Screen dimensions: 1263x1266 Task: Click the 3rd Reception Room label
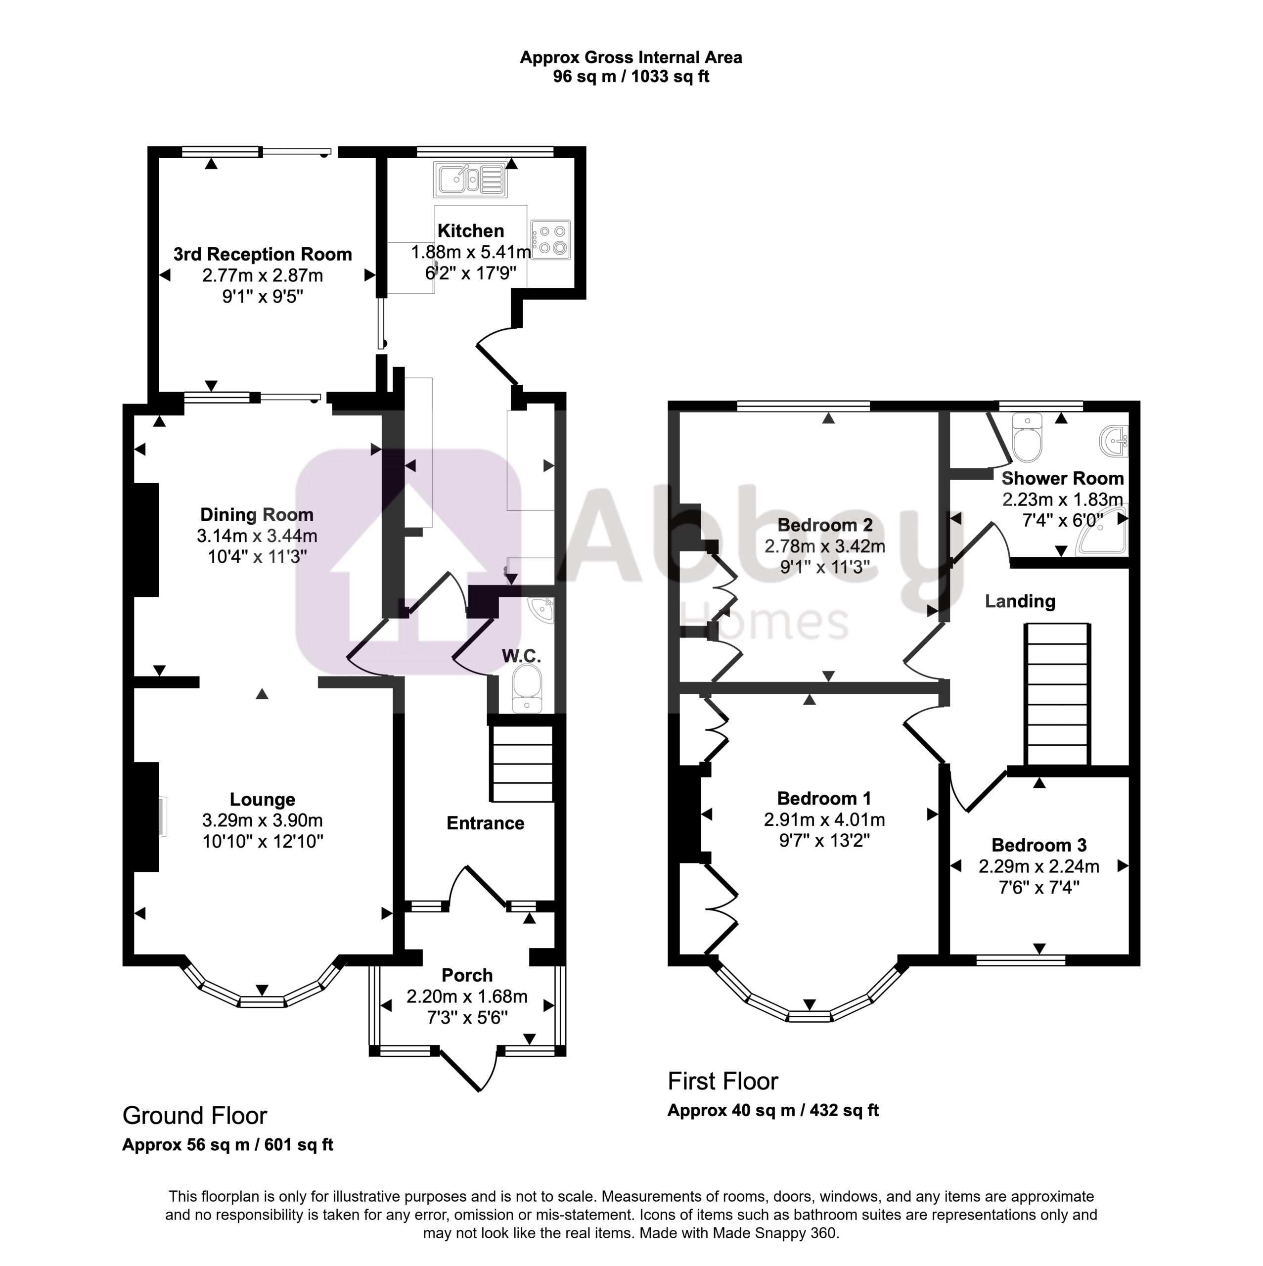(x=263, y=254)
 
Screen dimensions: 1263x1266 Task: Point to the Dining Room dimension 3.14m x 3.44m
(x=257, y=536)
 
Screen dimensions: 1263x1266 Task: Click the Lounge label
(x=262, y=800)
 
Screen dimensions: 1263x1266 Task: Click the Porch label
(x=467, y=975)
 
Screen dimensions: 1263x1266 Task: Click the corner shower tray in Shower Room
(x=1102, y=531)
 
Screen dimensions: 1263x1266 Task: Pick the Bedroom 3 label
(x=1039, y=845)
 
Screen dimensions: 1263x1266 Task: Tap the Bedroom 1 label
(x=824, y=798)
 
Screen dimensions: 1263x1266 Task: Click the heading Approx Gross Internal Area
(x=631, y=58)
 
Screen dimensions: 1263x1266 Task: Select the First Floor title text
(x=722, y=1081)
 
